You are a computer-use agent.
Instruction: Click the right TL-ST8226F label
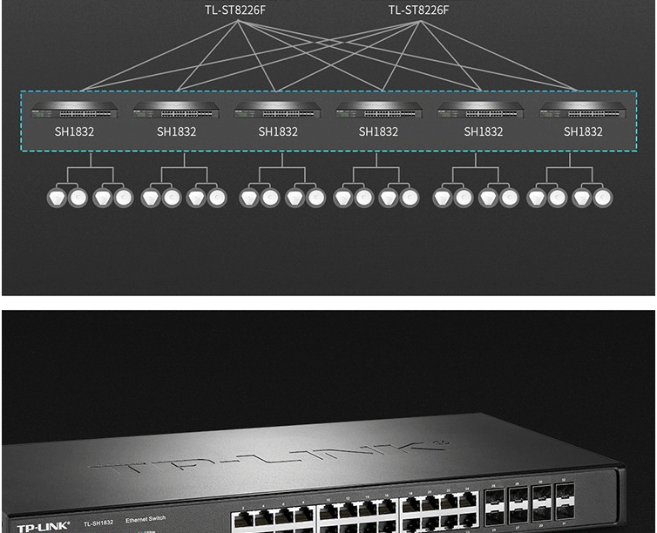click(x=418, y=10)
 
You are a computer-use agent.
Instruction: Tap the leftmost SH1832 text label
click(x=75, y=132)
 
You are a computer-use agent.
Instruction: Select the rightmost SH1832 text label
click(x=583, y=132)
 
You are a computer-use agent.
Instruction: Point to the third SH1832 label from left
click(x=278, y=132)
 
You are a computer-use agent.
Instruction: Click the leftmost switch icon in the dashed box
click(x=75, y=111)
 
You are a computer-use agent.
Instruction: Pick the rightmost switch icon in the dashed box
click(x=583, y=111)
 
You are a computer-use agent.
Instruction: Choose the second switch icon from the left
click(x=177, y=111)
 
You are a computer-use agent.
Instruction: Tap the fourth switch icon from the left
click(x=379, y=111)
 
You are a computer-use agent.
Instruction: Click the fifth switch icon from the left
click(x=481, y=111)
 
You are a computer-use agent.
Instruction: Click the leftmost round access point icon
click(x=57, y=198)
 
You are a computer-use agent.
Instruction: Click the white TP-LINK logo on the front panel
click(x=43, y=527)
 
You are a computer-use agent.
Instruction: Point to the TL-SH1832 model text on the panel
click(x=98, y=523)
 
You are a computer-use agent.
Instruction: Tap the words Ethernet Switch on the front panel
click(x=146, y=519)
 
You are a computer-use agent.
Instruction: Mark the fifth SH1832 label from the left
click(x=483, y=132)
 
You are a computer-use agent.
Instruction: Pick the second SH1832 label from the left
click(x=177, y=132)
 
